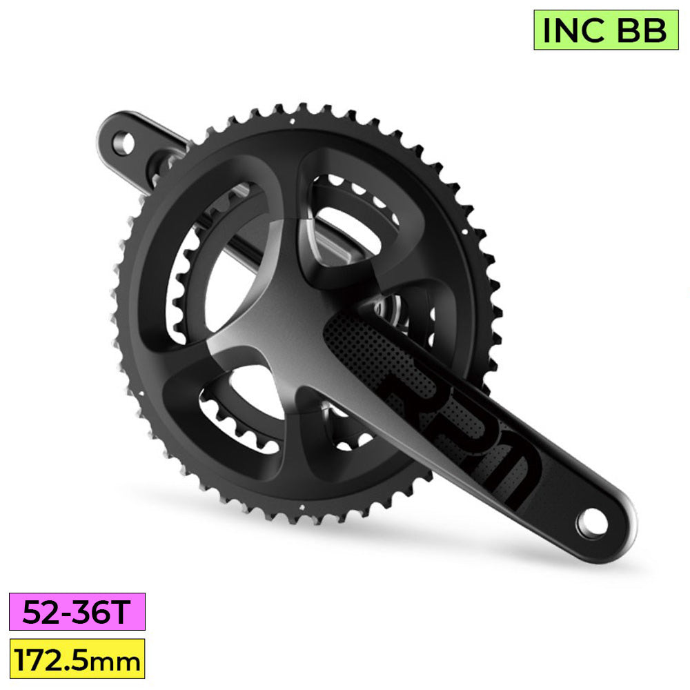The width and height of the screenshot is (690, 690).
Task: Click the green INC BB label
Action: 606,30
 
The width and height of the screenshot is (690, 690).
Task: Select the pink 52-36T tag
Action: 77,611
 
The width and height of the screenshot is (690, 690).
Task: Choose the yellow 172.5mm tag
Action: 77,658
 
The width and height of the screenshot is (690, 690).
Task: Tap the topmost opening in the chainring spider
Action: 345,207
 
